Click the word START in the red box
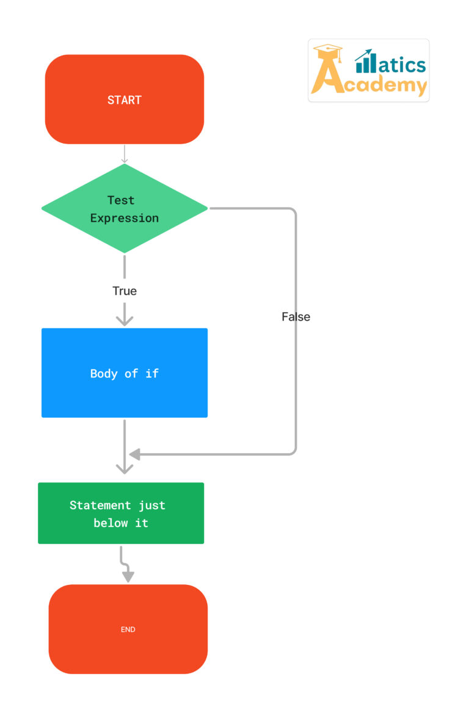coord(124,100)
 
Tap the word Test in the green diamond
coord(121,200)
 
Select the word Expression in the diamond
coord(124,218)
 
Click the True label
coord(125,291)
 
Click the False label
coord(296,317)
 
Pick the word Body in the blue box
coord(104,374)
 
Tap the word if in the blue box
coord(152,374)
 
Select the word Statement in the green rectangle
coord(100,506)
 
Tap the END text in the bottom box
coord(128,630)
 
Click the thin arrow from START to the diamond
coord(125,154)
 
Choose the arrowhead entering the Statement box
coord(125,468)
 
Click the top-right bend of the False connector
coord(294,211)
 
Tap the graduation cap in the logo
coord(328,49)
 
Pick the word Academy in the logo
coord(379,84)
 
